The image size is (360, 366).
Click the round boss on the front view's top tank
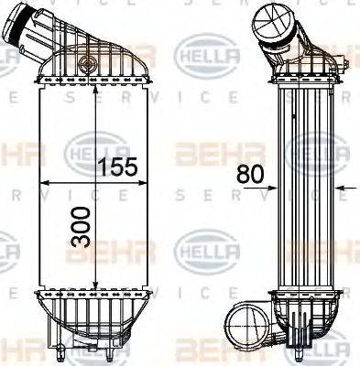(x=87, y=65)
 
